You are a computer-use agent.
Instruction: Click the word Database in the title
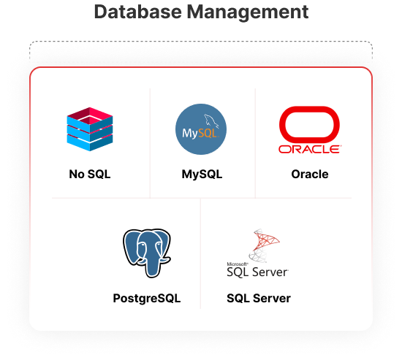pos(138,12)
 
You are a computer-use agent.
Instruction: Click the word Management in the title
pos(247,12)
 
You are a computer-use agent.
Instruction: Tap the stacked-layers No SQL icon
pos(90,129)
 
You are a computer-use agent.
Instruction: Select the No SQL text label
pos(90,175)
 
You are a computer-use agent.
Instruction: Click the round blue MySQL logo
pos(201,129)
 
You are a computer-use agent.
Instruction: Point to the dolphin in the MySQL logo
pos(212,121)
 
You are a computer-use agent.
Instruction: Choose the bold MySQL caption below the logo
pos(202,175)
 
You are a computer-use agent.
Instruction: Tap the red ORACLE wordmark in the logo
pos(310,149)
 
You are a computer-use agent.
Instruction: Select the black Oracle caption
pos(310,175)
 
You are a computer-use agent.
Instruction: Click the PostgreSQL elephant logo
pos(147,253)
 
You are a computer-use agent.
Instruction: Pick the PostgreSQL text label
pos(147,299)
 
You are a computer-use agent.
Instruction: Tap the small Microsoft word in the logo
pos(237,264)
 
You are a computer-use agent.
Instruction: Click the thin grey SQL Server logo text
pos(258,272)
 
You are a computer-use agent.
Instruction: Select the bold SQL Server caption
pos(259,299)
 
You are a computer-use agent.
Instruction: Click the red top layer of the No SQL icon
pos(90,115)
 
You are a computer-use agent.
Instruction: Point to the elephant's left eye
pos(143,245)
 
